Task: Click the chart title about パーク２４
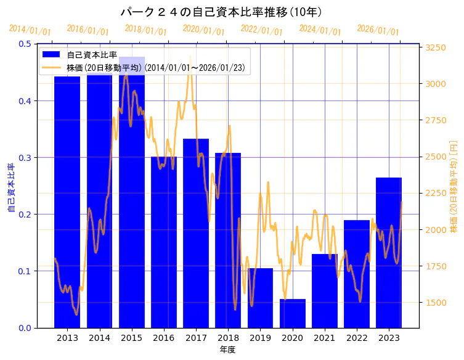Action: click(x=221, y=12)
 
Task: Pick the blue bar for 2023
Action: click(x=389, y=253)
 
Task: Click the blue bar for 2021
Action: click(x=325, y=290)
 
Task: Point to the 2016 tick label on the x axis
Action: click(x=164, y=338)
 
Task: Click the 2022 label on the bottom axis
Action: click(x=357, y=338)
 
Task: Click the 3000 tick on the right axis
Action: click(x=436, y=84)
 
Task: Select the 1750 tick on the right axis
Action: click(x=436, y=266)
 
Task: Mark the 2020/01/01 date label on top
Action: click(x=204, y=30)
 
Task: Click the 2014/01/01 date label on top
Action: click(x=30, y=30)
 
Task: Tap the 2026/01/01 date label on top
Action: click(x=378, y=30)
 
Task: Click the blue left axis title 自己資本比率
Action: click(x=11, y=187)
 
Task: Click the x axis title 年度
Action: click(x=228, y=350)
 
